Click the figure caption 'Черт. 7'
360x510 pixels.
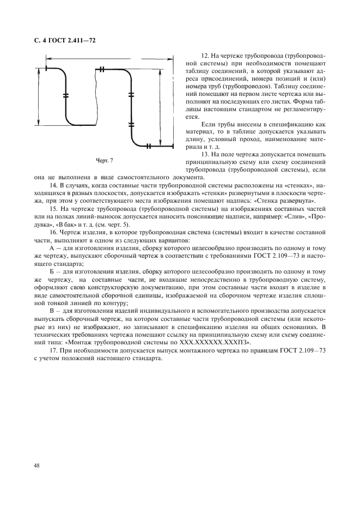[x=104, y=161]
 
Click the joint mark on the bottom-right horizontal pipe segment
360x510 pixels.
[x=148, y=145]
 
